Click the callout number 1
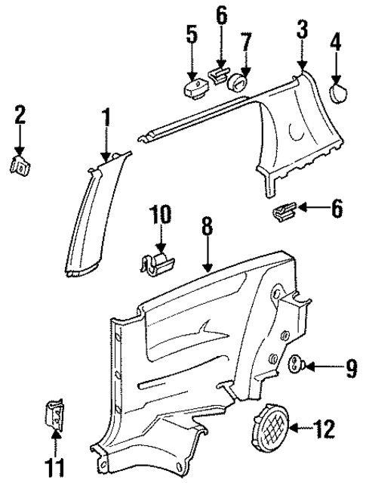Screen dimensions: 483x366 tap(106, 118)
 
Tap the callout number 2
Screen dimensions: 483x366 tap(20, 114)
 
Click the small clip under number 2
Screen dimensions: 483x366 tap(20, 165)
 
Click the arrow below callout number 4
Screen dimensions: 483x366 tap(337, 76)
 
